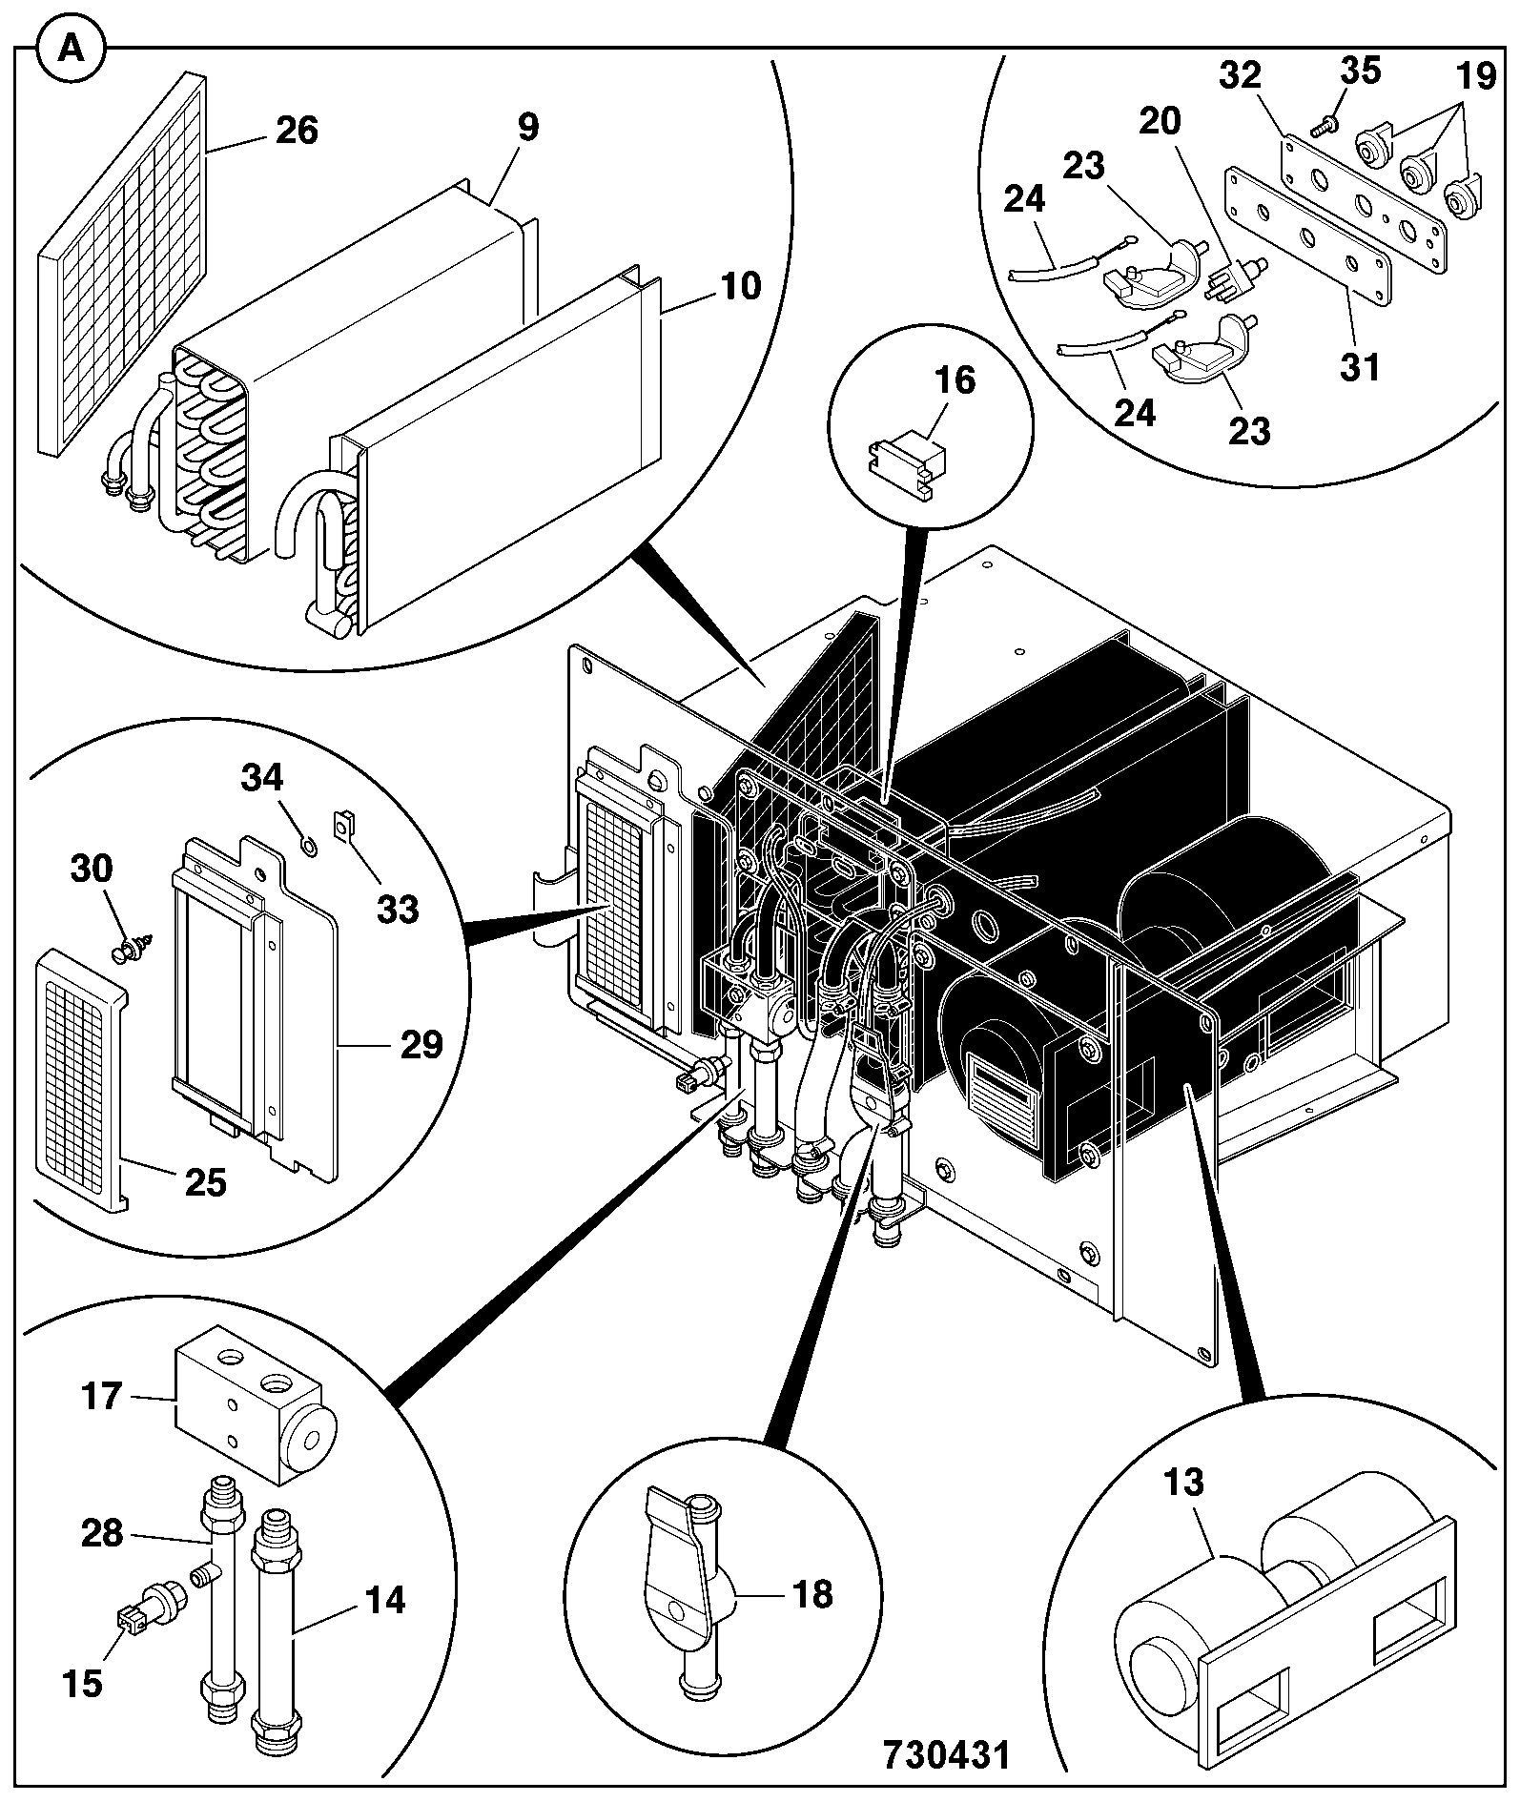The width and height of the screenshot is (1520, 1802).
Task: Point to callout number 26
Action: [x=296, y=131]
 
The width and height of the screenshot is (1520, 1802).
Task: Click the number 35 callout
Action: [x=1362, y=71]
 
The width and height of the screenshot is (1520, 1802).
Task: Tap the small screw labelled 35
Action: [x=1322, y=124]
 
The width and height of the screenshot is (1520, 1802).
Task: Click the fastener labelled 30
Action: [x=130, y=948]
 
